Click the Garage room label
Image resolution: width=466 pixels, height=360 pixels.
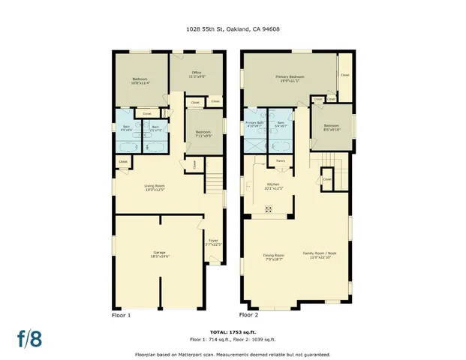click(x=160, y=253)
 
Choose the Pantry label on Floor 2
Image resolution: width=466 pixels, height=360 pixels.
click(x=281, y=160)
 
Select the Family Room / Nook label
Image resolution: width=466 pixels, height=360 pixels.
click(x=320, y=255)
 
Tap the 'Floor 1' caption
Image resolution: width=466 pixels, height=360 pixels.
click(x=121, y=316)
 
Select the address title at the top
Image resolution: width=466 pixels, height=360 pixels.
click(x=233, y=29)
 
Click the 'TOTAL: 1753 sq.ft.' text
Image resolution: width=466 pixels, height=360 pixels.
click(x=233, y=331)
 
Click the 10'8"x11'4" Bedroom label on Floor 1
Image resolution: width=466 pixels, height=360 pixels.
click(x=141, y=81)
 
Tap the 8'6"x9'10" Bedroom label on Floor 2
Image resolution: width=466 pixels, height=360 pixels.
click(x=332, y=127)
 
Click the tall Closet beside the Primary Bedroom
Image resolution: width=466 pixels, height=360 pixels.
click(x=344, y=75)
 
